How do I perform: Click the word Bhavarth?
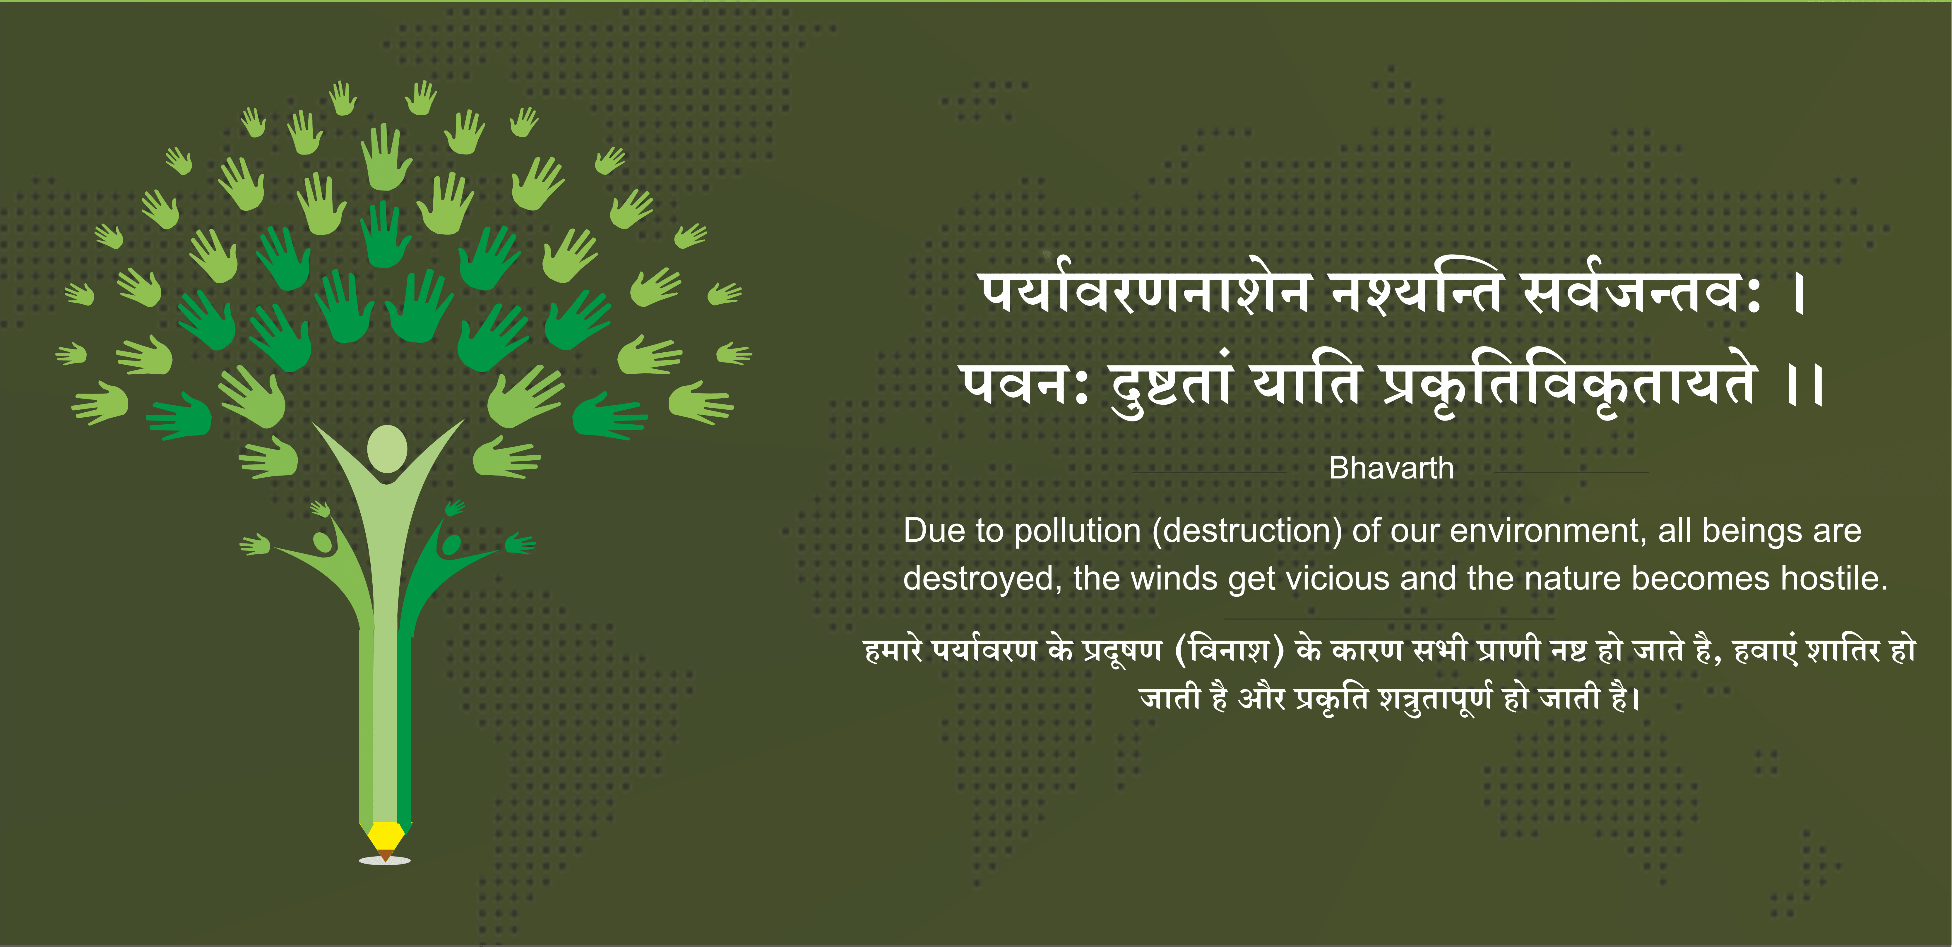1391,468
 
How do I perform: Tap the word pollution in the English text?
1078,531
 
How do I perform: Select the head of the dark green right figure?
450,544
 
